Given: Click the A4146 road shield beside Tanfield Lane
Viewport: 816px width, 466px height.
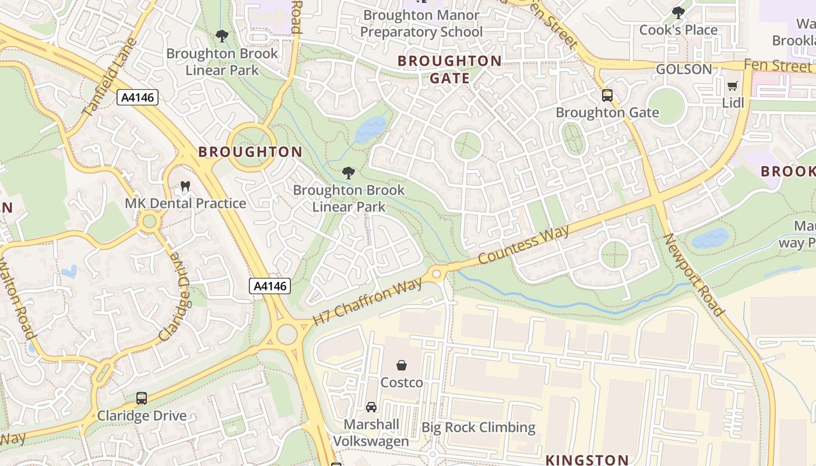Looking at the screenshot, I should tap(138, 97).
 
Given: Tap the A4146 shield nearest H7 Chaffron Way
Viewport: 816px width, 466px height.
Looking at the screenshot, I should tap(270, 286).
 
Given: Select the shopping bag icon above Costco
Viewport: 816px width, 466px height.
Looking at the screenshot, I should tap(402, 365).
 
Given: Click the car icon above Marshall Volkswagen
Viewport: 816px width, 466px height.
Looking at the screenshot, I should tap(371, 407).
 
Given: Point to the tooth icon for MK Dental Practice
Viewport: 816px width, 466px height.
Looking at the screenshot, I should tap(185, 186).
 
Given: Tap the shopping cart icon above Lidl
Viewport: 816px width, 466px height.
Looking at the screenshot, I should tap(733, 86).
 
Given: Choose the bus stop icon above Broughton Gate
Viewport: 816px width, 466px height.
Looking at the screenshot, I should tap(607, 95).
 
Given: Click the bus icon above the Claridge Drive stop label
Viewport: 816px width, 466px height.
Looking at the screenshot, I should tap(141, 398).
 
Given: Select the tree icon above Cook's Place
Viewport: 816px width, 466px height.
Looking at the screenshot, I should tap(678, 12).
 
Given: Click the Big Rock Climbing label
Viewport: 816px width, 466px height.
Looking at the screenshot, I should tap(478, 428).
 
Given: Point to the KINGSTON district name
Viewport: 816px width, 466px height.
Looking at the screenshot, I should tap(587, 460).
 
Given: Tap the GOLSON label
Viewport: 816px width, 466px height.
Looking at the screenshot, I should tap(684, 69).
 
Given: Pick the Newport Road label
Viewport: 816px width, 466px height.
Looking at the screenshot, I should tap(693, 274).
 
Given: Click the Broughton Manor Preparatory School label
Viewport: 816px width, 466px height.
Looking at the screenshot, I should tap(421, 23).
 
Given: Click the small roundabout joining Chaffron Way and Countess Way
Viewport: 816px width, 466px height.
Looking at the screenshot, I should tap(437, 273).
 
